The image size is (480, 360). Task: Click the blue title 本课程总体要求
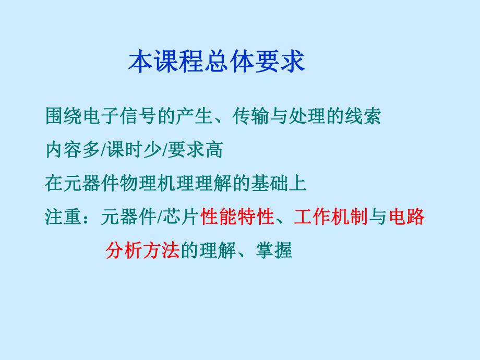pos(217,62)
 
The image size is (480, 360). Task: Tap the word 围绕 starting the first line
pos(64,117)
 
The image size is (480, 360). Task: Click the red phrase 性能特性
pos(237,217)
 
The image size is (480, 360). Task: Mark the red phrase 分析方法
pos(142,251)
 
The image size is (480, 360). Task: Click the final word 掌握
pos(274,251)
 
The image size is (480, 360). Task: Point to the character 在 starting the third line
pos(54,184)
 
